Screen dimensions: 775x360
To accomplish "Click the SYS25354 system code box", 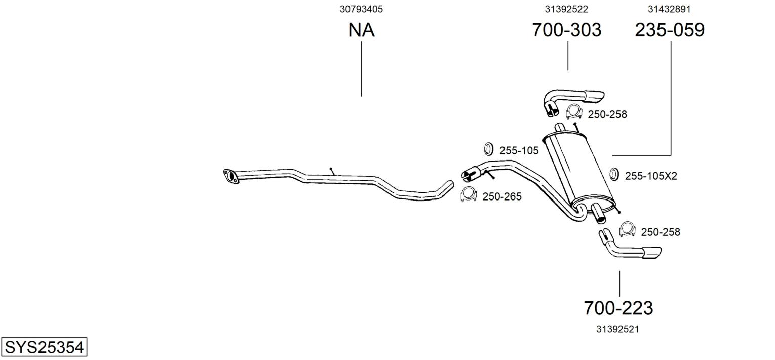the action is (44, 347).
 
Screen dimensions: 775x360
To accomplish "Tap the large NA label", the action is (361, 30).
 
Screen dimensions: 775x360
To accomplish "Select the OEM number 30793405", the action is (361, 9).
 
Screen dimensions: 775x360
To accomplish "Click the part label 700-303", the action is (567, 30).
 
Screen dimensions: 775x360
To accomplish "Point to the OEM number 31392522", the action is (566, 9).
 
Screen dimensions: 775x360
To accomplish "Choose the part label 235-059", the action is (670, 30).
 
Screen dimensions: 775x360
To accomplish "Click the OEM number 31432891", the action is (669, 9).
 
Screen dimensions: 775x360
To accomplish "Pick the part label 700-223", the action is (618, 308).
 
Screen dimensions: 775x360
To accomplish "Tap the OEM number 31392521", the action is (617, 329).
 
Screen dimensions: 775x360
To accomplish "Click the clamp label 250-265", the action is (501, 196).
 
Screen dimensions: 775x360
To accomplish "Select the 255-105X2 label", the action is (651, 176).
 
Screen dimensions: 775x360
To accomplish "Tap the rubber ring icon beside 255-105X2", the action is (614, 174).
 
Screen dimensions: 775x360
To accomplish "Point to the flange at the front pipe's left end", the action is (231, 176).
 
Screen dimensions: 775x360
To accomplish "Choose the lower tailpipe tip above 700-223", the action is (630, 245).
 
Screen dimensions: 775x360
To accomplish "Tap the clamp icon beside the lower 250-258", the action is (627, 229).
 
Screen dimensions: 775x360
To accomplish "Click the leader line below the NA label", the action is (362, 69).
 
